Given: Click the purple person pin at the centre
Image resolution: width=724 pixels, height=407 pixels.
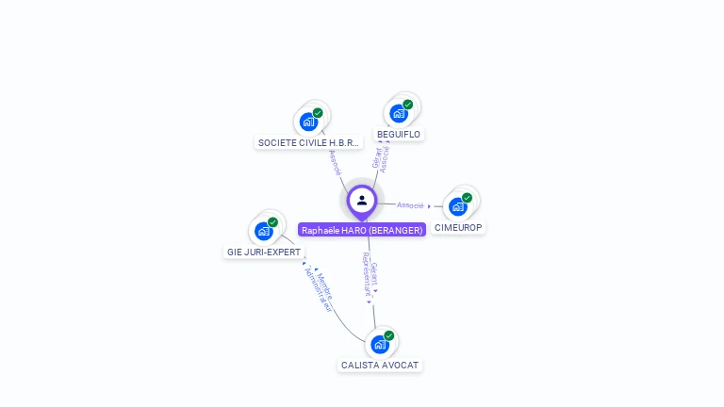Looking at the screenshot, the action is pos(362,200).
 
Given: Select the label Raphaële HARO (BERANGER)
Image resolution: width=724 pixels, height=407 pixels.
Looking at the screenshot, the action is pos(362,230).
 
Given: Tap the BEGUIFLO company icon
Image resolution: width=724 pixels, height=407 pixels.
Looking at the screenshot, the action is pos(399,113).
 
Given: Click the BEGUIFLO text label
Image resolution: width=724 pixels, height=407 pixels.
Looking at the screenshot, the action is pos(399,135).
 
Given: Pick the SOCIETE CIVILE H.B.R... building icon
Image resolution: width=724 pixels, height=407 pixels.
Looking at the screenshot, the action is pos(308,121).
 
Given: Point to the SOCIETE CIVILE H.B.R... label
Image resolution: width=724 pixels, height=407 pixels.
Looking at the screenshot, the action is pos(308,143).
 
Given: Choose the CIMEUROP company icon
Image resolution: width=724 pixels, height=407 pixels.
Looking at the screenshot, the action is pos(458,206).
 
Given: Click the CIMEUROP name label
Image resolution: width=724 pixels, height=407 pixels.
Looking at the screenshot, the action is pos(458,228).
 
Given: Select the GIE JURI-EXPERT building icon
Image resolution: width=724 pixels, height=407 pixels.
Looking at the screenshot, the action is pos(263,231).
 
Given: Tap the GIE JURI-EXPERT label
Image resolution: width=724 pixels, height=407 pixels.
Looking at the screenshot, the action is pos(264,252).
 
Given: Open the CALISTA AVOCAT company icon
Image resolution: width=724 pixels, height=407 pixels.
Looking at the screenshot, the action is pos(380,344).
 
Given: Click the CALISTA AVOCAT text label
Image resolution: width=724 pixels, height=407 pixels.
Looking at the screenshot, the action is pos(380,366).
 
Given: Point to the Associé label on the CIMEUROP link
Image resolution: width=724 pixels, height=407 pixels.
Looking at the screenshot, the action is pos(410,204).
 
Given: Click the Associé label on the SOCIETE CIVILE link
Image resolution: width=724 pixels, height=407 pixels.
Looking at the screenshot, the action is pos(335,162).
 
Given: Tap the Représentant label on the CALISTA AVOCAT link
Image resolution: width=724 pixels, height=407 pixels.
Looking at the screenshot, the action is pos(367,275).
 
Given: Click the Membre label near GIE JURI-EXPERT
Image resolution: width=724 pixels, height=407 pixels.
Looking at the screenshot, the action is pos(324,283).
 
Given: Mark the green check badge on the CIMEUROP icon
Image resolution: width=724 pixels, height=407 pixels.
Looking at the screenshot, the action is pos(467,198).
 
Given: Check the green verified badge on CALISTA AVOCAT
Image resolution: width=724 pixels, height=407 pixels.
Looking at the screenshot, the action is pos(388,335).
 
